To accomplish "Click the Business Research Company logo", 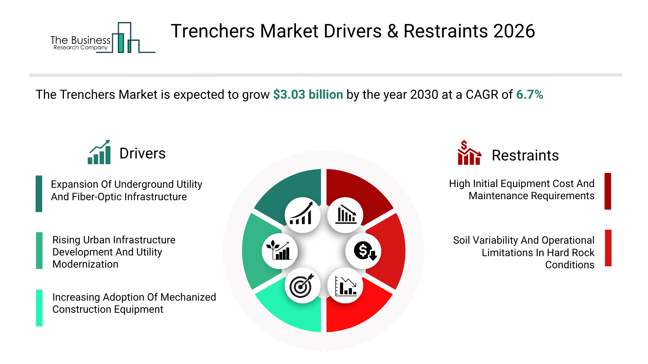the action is coord(103,38).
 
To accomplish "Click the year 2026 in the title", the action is coord(514,31).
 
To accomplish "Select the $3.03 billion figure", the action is coord(308,95).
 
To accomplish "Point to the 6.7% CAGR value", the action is coord(530,95).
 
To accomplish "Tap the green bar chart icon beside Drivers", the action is coord(99,152).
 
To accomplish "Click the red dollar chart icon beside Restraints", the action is coord(469,153).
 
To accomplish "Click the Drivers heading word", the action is coord(142,153).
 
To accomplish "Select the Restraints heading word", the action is coord(525,155).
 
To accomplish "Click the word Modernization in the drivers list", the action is coord(85,264).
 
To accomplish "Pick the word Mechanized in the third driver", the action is coord(188,297).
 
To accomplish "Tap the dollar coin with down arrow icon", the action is coord(365,251).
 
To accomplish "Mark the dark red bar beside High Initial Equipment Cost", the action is coord(608,191).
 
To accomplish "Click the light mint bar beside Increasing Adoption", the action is coord(39,308).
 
